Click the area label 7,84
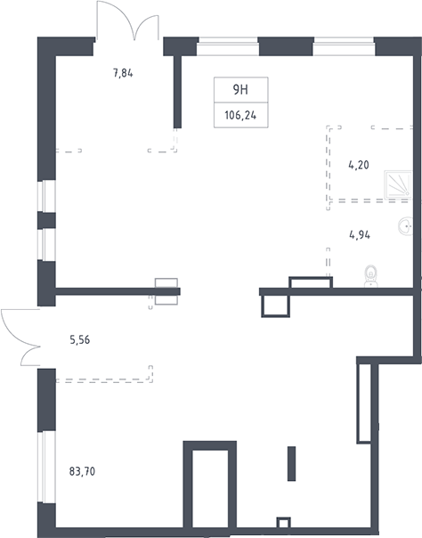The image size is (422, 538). (123, 73)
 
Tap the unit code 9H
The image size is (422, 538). (240, 90)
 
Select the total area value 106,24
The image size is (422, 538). (240, 115)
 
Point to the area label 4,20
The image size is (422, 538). (359, 165)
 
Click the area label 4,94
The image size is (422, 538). (360, 235)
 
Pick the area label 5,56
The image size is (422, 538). (80, 340)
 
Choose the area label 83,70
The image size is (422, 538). (82, 471)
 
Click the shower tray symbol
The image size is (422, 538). (398, 184)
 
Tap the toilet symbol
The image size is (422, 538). (371, 276)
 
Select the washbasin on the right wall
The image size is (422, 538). (406, 226)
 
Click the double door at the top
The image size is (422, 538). (127, 21)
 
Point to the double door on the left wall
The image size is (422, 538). (20, 338)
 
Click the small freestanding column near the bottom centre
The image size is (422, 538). (291, 463)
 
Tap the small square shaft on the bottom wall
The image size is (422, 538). (283, 523)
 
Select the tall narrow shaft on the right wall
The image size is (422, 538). (364, 403)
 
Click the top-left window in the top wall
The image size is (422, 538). (228, 46)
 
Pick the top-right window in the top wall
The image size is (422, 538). (344, 46)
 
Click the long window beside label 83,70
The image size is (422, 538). (46, 467)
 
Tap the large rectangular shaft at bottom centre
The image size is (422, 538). (210, 485)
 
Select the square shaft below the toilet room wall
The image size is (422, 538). (276, 306)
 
